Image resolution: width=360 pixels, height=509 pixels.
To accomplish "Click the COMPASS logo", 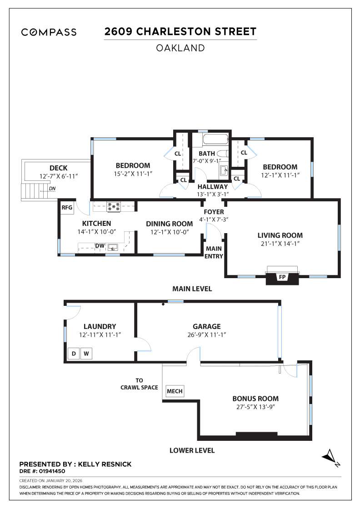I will (x=49, y=32).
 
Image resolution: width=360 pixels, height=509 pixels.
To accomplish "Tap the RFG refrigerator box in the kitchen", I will (x=67, y=208).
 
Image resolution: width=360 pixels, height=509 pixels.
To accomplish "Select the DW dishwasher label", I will (x=100, y=246).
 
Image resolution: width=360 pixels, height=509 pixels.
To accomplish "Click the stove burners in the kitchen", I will (x=113, y=207).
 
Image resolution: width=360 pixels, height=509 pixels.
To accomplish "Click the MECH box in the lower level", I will (x=175, y=391).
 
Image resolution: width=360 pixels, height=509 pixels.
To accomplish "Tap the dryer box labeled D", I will (x=73, y=354).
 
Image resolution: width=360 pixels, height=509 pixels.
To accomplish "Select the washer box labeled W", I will (x=86, y=354).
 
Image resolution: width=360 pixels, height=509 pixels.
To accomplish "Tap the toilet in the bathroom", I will (x=222, y=153).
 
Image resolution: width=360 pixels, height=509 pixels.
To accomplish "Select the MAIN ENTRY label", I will (x=214, y=252).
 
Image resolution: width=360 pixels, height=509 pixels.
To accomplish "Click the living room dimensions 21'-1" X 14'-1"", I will (x=280, y=244).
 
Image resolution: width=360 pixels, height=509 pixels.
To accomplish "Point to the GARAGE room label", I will (x=206, y=326).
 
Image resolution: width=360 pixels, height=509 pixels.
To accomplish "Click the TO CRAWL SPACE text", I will (x=139, y=384).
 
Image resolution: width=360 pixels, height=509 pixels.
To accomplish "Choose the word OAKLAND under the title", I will (x=180, y=48).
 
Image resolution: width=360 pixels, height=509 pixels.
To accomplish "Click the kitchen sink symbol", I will (x=112, y=247).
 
